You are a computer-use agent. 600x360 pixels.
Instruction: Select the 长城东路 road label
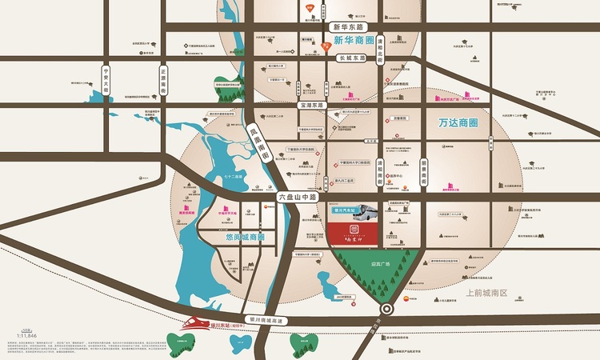[x=352, y=58]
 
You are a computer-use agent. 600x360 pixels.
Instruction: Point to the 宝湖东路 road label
[x=311, y=105]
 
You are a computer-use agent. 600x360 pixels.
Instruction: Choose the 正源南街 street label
[x=163, y=79]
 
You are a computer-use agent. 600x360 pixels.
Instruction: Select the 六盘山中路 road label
[x=298, y=196]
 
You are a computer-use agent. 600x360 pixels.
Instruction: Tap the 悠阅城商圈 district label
[x=241, y=238]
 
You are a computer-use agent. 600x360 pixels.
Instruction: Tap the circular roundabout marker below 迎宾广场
[x=387, y=309]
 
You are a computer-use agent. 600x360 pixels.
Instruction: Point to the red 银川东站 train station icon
[x=194, y=323]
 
